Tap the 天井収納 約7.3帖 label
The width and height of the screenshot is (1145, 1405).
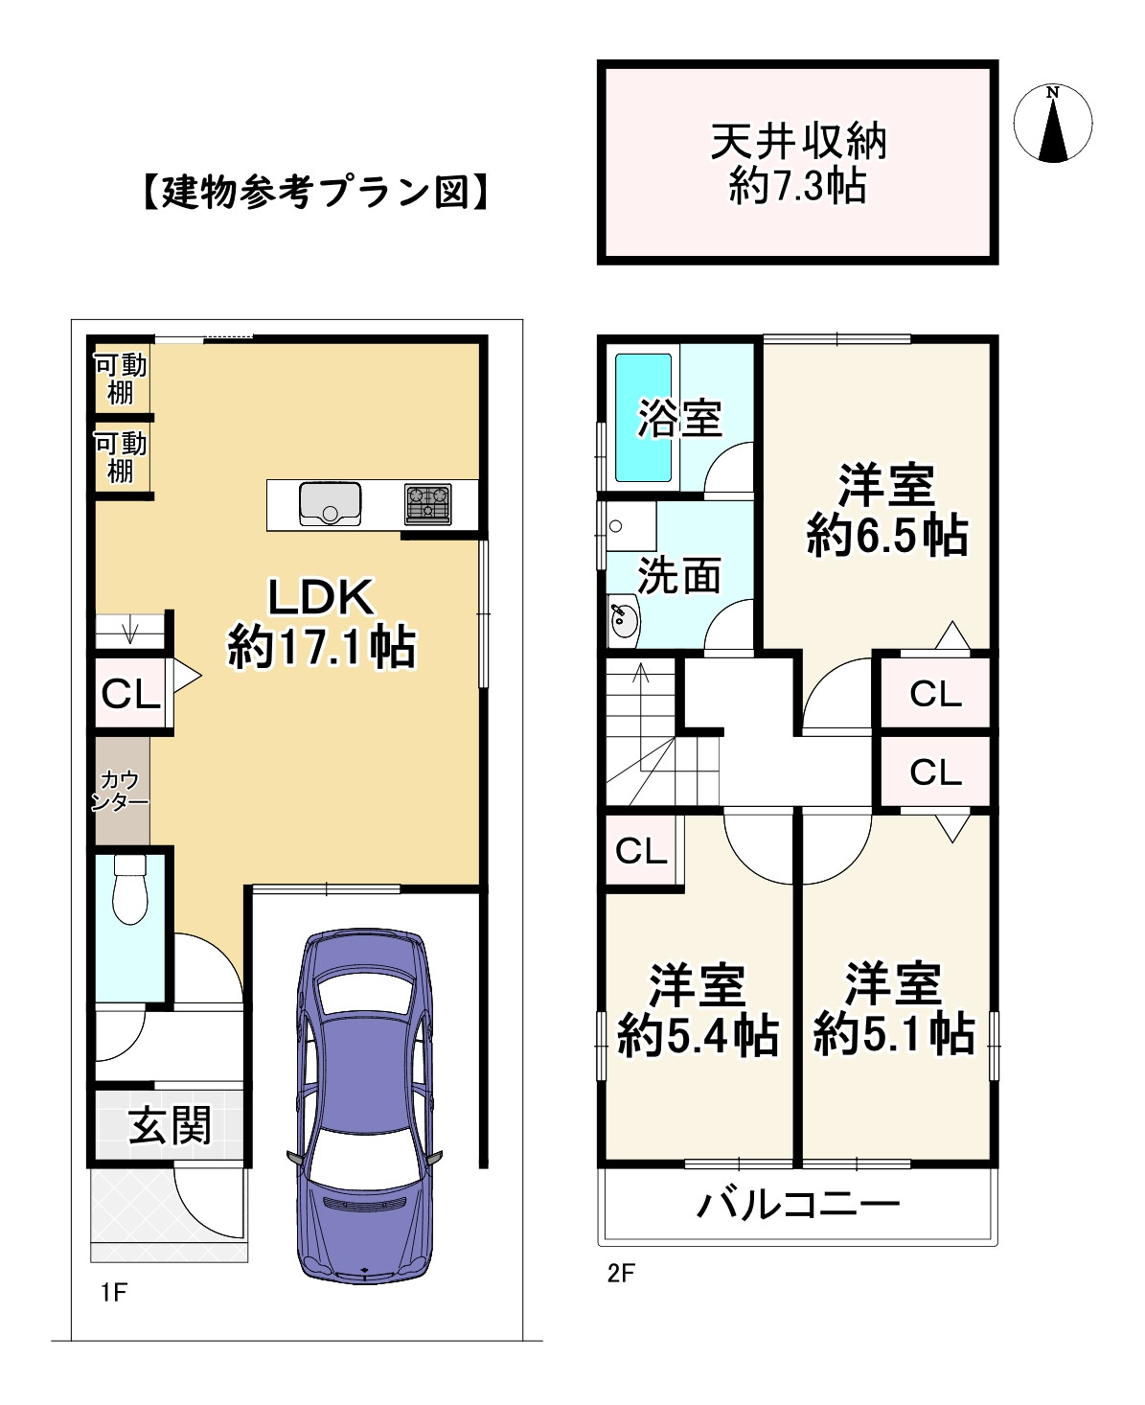coord(798,164)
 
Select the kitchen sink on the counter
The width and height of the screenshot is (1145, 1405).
coord(330,503)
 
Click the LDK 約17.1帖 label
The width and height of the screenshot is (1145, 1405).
coord(321,623)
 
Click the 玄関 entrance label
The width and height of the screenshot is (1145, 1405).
coord(171,1126)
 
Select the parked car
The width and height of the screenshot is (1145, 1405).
coord(364,1102)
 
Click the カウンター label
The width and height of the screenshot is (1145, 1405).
coord(121,792)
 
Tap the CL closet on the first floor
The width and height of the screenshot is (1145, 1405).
coord(130,694)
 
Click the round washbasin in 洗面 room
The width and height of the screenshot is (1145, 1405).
coord(624,618)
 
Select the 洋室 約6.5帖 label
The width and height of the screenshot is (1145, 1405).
coord(886,510)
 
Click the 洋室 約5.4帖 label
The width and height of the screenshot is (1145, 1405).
coord(697,1010)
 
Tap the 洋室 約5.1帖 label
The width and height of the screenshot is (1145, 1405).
coord(894,1010)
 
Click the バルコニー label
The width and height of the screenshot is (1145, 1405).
coord(798,1204)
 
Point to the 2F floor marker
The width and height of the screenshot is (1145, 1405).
coord(621,1274)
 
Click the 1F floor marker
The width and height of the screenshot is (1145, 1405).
coord(113,1293)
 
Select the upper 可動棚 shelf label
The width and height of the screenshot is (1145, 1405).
coord(121,379)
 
